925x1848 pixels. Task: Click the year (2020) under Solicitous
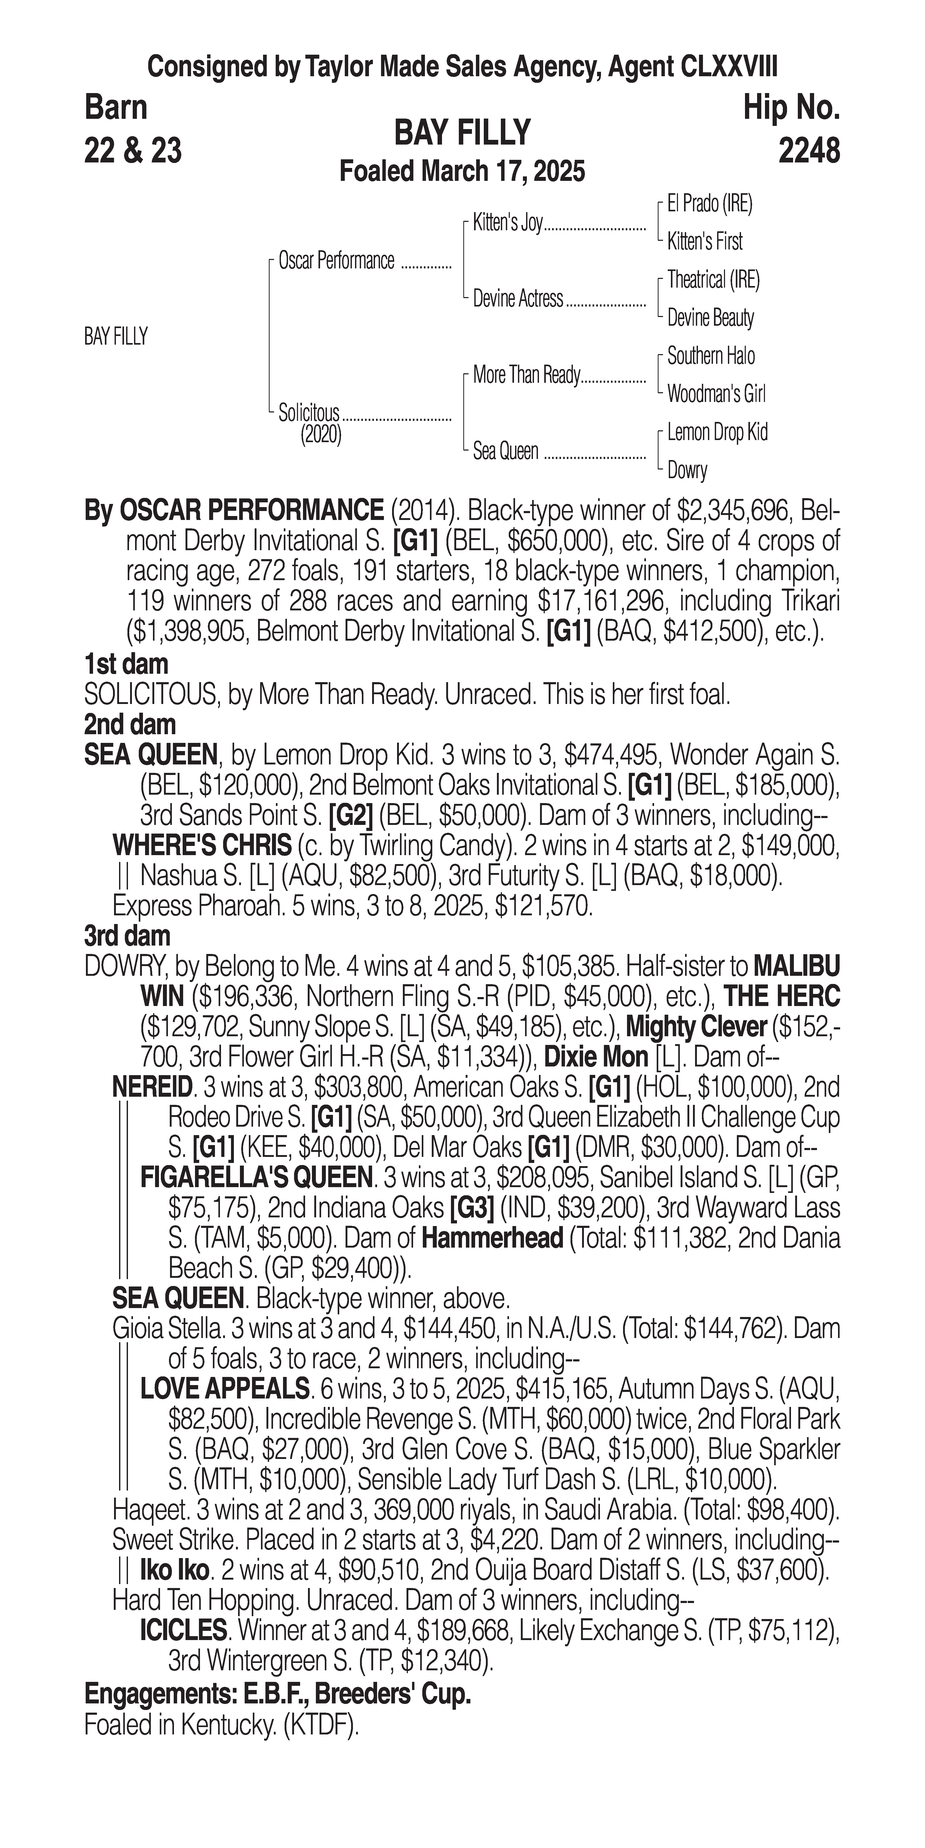click(321, 435)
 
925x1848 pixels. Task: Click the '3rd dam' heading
click(127, 936)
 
